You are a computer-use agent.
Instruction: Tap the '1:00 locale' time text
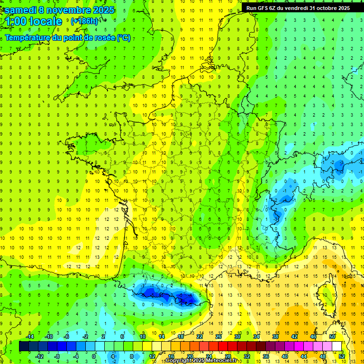click(34, 21)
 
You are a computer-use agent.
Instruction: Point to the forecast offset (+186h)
click(84, 21)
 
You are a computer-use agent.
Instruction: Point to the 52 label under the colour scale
click(341, 356)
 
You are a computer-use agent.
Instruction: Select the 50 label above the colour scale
click(332, 336)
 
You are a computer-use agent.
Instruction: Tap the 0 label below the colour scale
click(94, 356)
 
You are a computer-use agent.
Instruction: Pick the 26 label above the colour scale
click(218, 336)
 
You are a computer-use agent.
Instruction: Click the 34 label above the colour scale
click(256, 336)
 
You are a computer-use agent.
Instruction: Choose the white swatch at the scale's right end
click(337, 346)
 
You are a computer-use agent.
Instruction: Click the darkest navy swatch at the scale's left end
click(24, 346)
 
